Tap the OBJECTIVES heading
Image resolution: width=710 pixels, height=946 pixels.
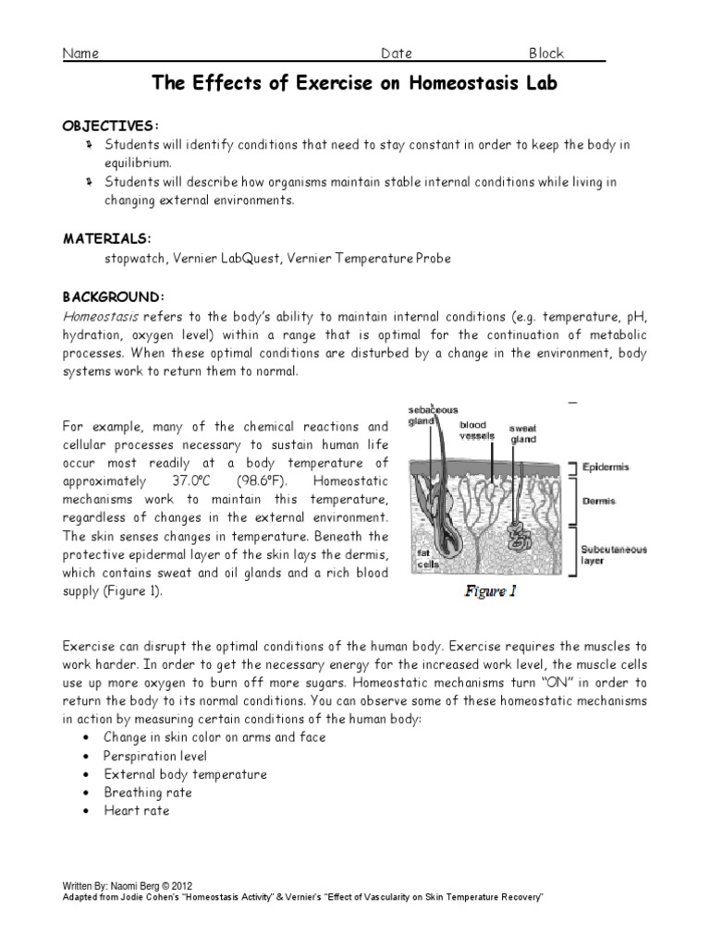110,125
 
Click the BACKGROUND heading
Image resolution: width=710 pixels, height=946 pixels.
113,297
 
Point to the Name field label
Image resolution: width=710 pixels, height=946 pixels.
80,54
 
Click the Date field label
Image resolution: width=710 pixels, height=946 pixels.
397,54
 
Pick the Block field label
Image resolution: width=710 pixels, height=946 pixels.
545,54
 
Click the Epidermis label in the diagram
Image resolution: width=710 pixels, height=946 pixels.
605,467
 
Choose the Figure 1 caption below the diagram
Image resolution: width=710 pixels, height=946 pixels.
490,592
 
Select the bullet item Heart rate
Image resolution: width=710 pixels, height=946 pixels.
137,811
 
